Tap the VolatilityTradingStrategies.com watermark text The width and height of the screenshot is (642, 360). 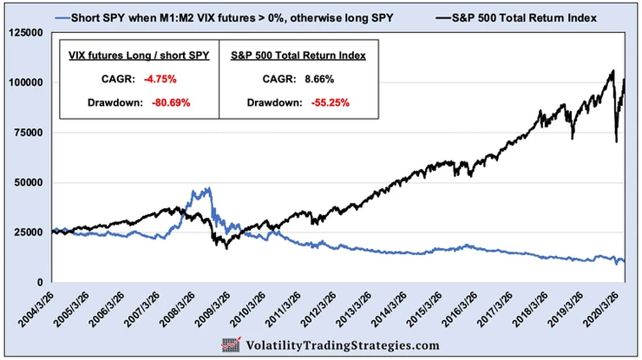coord(344,345)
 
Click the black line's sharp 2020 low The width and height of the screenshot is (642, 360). coord(616,141)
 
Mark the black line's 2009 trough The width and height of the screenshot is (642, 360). coord(227,248)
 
